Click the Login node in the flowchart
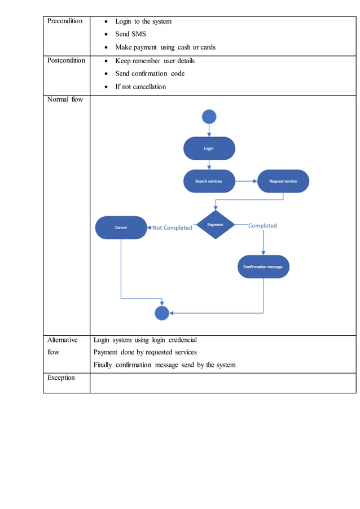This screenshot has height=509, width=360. click(209, 148)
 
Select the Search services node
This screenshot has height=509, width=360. click(209, 181)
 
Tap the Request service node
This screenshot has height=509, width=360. click(283, 181)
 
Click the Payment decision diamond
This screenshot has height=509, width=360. click(215, 225)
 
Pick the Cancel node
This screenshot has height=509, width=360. click(121, 227)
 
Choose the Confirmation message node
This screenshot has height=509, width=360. click(263, 266)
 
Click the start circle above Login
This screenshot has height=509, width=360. click(209, 117)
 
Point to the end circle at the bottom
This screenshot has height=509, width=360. click(162, 313)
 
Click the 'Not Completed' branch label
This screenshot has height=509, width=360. click(172, 228)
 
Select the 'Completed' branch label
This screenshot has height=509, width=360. click(262, 226)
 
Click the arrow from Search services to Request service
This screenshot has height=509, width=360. click(246, 181)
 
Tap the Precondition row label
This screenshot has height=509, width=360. click(64, 21)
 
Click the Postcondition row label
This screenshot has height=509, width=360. click(66, 60)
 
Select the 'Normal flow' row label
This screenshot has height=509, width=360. click(65, 99)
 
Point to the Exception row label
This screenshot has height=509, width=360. click(61, 378)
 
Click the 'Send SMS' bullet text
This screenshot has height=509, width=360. click(130, 34)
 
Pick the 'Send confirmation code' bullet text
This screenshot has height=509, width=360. click(150, 73)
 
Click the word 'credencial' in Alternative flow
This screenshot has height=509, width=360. click(182, 340)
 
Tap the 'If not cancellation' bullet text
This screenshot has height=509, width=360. click(141, 86)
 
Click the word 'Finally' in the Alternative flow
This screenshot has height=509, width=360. click(103, 365)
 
